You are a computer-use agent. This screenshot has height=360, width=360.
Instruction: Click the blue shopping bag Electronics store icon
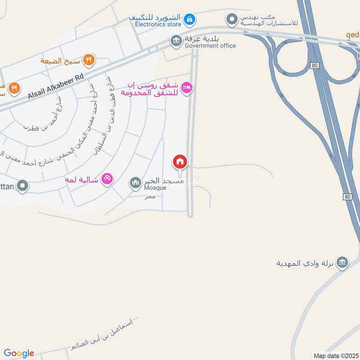tap(189, 18)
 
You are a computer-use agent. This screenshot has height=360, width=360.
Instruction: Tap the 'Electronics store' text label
tap(155, 24)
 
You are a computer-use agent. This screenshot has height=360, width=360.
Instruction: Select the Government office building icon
tap(175, 41)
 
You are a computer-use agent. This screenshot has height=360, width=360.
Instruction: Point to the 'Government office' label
tap(210, 45)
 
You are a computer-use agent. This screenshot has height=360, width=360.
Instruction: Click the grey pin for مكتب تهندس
tap(232, 19)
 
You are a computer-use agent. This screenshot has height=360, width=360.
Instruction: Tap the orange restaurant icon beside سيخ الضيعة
tap(89, 59)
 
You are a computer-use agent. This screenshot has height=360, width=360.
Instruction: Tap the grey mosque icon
tap(135, 183)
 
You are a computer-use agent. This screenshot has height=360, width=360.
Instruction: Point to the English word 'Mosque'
tap(155, 188)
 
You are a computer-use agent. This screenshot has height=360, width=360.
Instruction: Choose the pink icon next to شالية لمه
tap(107, 179)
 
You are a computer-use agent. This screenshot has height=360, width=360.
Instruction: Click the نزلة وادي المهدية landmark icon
tap(342, 262)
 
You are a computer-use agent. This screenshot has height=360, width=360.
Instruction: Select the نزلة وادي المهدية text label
tap(306, 263)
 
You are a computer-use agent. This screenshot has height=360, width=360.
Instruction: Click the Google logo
tap(19, 353)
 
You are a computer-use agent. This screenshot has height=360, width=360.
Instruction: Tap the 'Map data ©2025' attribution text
tap(335, 355)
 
